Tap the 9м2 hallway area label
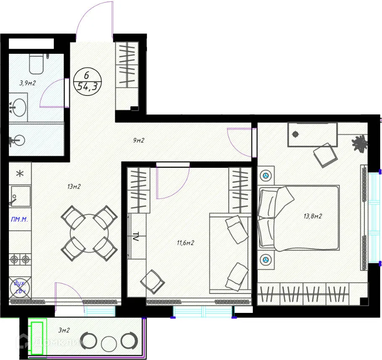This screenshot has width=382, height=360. coord(138,140)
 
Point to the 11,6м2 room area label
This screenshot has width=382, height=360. coord(185,243)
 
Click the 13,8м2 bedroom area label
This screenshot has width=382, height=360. coord(313,217)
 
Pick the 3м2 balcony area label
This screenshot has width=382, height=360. coord(64,331)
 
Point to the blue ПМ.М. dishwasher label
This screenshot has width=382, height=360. coord(20,219)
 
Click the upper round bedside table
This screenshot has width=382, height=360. coord(266,175)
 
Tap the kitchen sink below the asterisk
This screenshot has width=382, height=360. coord(20,196)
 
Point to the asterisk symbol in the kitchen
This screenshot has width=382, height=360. coord(20,173)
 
